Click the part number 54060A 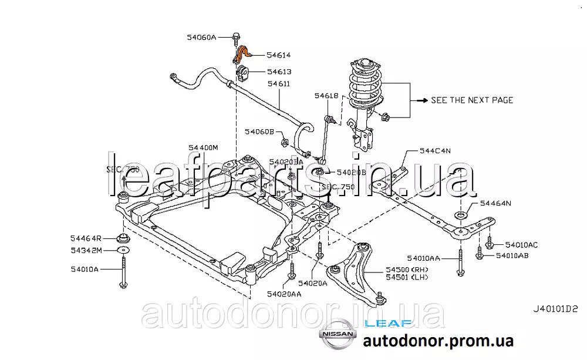point(201,37)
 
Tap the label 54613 point(279,72)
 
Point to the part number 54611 point(279,84)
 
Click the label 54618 point(326,95)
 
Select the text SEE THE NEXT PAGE point(472,100)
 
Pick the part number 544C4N point(435,151)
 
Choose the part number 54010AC point(521,244)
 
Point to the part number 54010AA point(425,258)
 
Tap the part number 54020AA point(284,294)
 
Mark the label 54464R point(86,238)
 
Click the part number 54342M point(86,251)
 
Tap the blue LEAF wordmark point(383,322)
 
